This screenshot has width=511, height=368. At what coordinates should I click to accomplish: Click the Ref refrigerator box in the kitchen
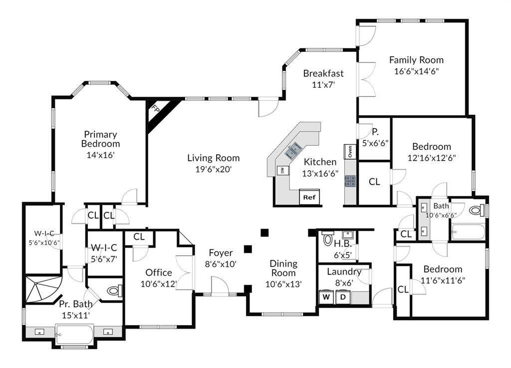pyautogui.click(x=309, y=197)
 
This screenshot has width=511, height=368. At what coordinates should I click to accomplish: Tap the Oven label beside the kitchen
pyautogui.click(x=350, y=152)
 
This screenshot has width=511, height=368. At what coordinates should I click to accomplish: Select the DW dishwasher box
pyautogui.click(x=282, y=170)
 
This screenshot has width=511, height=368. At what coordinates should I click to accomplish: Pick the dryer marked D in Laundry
pyautogui.click(x=343, y=297)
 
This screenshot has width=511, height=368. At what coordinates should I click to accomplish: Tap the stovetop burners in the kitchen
pyautogui.click(x=350, y=181)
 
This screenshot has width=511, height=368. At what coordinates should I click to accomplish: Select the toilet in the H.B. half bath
pyautogui.click(x=327, y=239)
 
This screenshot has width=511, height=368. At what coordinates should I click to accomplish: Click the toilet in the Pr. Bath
pyautogui.click(x=114, y=290)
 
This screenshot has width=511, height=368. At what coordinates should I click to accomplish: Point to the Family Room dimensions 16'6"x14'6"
pyautogui.click(x=416, y=71)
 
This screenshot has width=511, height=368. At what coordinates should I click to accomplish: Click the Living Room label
pyautogui.click(x=214, y=158)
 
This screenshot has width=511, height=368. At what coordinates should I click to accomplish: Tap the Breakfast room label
pyautogui.click(x=323, y=73)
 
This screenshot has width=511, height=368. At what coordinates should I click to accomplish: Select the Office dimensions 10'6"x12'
pyautogui.click(x=159, y=284)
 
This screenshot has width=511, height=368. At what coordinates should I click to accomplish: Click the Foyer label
pyautogui.click(x=221, y=253)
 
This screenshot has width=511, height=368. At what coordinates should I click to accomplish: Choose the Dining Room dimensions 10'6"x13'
pyautogui.click(x=283, y=284)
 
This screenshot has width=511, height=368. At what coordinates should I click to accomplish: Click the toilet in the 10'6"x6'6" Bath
pyautogui.click(x=477, y=210)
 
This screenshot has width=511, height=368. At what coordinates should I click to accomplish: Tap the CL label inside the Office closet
pyautogui.click(x=139, y=237)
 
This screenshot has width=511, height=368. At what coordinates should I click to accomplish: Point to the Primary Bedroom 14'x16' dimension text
pyautogui.click(x=100, y=155)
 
